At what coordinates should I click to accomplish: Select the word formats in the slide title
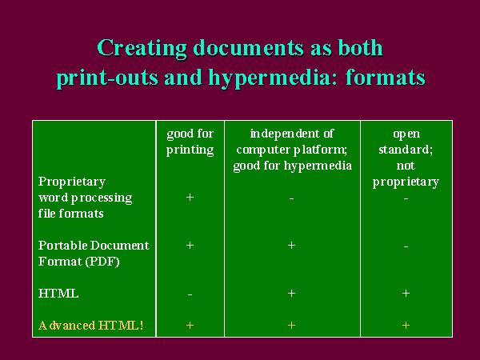[x=386, y=77]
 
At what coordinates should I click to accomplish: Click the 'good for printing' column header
[x=190, y=142]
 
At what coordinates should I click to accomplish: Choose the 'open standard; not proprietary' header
[x=406, y=158]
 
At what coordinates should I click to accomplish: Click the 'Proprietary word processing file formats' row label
[x=85, y=198]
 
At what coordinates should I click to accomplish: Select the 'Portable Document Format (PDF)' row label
[x=94, y=254]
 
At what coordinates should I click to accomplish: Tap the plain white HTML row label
[x=58, y=294]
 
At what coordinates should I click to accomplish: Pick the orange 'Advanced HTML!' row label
[x=91, y=326]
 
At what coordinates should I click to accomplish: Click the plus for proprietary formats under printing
[x=190, y=198]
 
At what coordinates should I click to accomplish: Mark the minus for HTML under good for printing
[x=190, y=294]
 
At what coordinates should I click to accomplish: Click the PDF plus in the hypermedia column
[x=291, y=246]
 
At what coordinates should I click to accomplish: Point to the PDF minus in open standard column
[x=406, y=246]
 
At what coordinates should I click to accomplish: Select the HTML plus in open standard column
[x=406, y=294]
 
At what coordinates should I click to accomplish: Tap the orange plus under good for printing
[x=190, y=325]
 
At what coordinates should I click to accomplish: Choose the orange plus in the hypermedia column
[x=291, y=325]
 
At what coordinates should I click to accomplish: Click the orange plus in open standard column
[x=406, y=325]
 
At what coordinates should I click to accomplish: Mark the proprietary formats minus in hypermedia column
[x=291, y=199]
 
